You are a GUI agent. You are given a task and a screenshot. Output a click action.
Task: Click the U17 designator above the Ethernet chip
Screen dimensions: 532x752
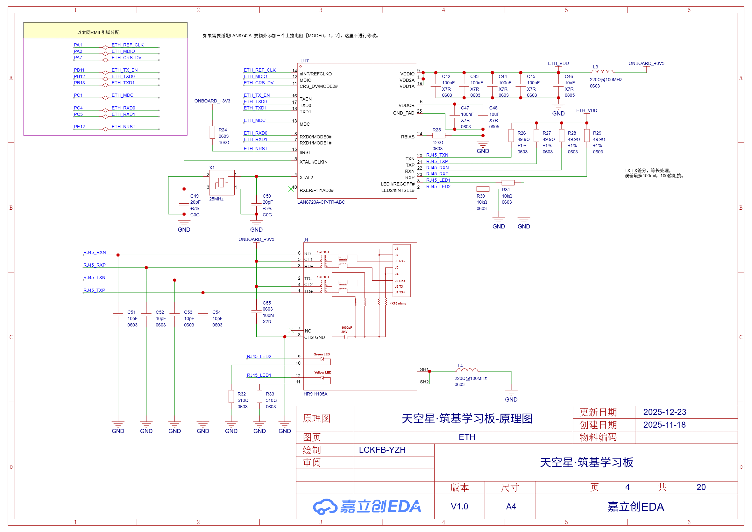tap(304, 61)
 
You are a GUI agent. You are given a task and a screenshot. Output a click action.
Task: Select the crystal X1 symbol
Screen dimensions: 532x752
tap(222, 182)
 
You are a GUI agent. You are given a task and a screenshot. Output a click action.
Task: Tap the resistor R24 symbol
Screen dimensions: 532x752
tap(212, 132)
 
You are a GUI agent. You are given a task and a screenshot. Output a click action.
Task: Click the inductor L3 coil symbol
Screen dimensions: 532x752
tap(602, 71)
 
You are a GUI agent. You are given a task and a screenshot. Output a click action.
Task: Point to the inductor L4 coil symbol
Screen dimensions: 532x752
tap(467, 370)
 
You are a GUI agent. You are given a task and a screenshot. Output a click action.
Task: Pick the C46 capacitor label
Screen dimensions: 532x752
tap(569, 76)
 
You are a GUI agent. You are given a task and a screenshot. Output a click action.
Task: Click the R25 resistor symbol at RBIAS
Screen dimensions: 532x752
tap(439, 135)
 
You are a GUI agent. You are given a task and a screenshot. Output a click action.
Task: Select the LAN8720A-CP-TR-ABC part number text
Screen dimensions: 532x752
tap(321, 202)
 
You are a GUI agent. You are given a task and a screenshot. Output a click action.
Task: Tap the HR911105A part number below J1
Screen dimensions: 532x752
tap(315, 394)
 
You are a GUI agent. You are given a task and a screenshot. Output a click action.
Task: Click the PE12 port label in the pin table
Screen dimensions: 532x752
tap(79, 127)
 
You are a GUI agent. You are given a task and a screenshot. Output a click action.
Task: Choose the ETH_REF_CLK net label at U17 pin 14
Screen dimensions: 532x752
tap(259, 70)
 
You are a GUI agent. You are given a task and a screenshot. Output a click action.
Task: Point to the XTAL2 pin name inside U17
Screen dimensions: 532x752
tap(306, 178)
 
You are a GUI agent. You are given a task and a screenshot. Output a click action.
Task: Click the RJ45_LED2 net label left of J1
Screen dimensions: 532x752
tap(259, 356)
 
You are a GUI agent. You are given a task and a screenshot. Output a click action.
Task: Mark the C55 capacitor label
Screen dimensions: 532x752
tap(267, 303)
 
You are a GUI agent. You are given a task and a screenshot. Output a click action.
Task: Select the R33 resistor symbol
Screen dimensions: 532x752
tap(259, 396)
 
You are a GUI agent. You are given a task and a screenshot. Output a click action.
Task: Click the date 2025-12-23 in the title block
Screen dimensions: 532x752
tap(664, 412)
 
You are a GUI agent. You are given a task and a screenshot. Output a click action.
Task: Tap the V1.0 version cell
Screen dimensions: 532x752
tap(459, 507)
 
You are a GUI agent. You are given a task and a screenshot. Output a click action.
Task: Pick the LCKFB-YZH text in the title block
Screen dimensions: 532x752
tap(382, 450)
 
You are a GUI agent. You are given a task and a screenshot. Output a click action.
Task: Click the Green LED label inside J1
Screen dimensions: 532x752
tap(322, 354)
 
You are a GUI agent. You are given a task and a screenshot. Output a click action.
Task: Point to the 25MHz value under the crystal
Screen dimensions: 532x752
tap(216, 199)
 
